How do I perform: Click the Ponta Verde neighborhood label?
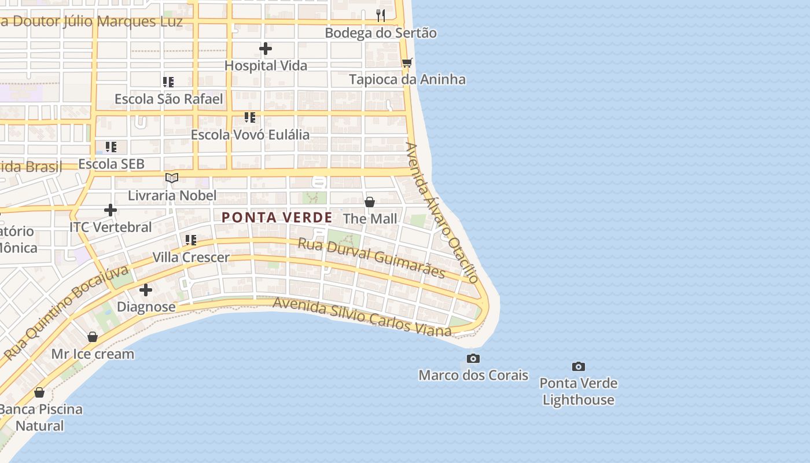coord(277,218)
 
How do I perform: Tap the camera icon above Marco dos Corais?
coord(473,358)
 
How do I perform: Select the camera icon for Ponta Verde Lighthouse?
coord(578,366)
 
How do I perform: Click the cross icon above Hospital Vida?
coord(266,49)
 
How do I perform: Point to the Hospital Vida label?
coord(266,65)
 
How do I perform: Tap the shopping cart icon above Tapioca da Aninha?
coord(407,63)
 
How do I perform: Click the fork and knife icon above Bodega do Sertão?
coord(381,16)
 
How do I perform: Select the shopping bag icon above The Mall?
coord(370,202)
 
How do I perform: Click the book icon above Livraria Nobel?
coord(172,178)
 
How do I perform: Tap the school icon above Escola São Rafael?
coord(168,82)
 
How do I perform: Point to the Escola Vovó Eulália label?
coord(250,135)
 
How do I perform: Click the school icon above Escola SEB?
coord(111,147)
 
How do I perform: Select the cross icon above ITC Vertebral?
coord(111,210)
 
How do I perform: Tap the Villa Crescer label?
coord(191,257)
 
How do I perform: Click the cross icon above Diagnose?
coord(146,289)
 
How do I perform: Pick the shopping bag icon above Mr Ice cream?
coord(93,337)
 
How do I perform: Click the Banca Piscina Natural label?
coord(40,417)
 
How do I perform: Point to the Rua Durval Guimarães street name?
coord(371,258)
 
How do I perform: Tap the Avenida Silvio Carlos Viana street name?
coord(362,317)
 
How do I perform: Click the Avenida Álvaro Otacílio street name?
coord(442,212)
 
